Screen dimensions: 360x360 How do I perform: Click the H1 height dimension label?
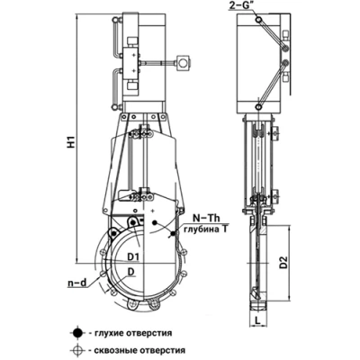[71, 141]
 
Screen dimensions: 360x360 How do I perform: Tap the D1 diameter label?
[133, 256]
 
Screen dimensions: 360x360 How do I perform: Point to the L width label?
[257, 320]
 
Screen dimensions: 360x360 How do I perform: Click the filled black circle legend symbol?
[77, 333]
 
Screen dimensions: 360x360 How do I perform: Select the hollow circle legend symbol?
[77, 349]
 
